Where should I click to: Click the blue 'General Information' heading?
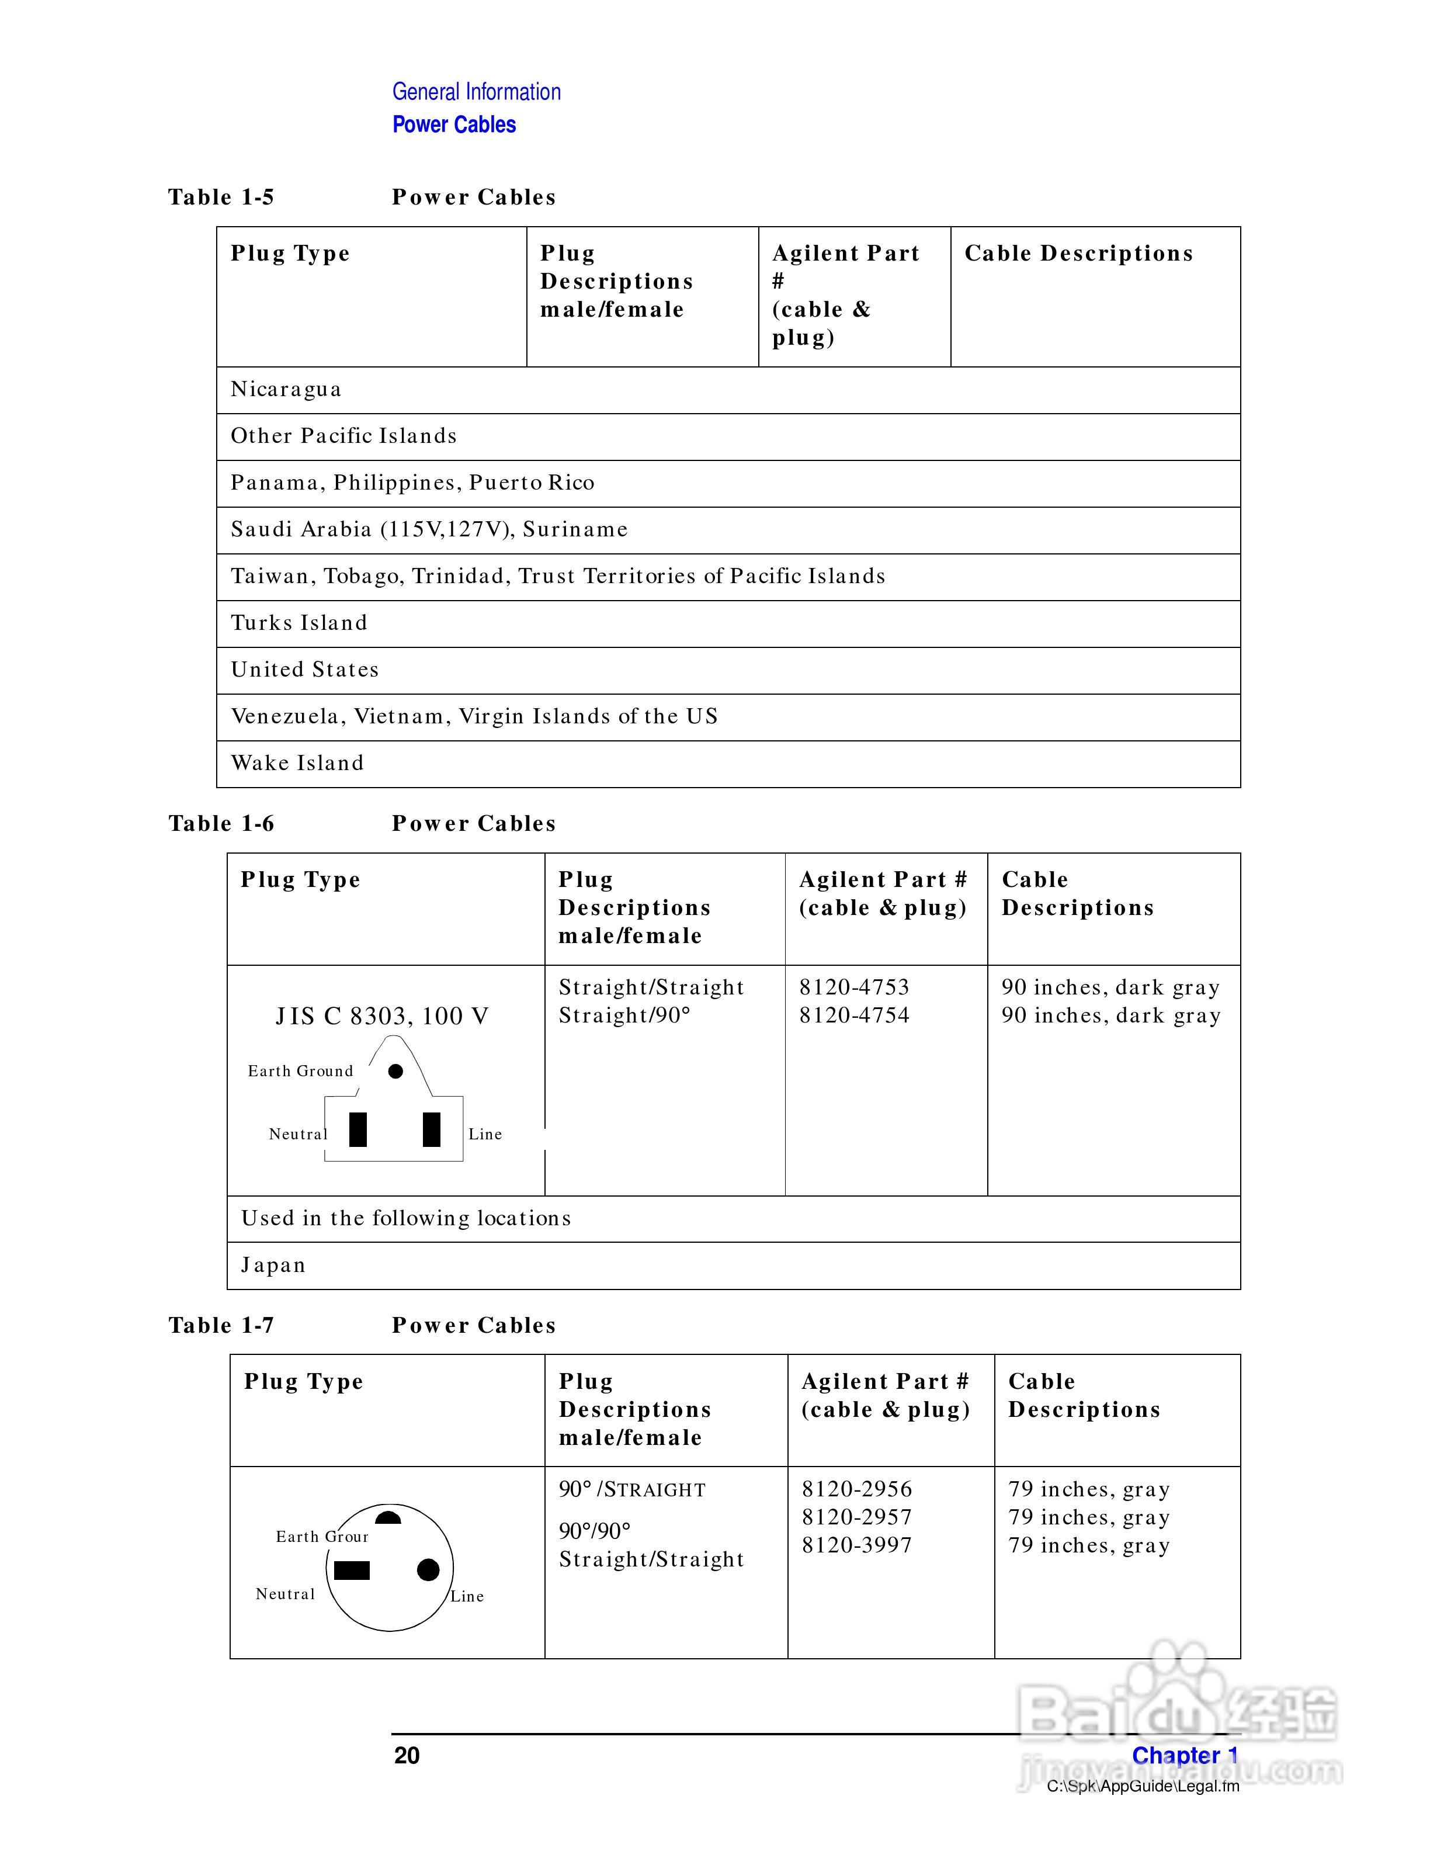pos(476,92)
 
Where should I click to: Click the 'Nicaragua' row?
pos(286,389)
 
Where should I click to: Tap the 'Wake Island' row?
pos(297,762)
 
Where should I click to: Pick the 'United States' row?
pos(305,670)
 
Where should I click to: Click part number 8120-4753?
pos(854,987)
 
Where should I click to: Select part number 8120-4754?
pos(854,1015)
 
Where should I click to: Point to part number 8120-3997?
pos(856,1545)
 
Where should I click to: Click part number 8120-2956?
pos(856,1489)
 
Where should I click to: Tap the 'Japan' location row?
pos(273,1266)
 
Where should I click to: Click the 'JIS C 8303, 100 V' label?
pos(382,1016)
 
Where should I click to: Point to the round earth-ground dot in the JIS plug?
pos(395,1071)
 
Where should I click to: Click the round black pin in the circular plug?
pos(429,1569)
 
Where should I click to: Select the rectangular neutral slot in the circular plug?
pos(352,1571)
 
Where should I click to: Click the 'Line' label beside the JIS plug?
pos(485,1134)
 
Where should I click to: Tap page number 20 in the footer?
pos(407,1755)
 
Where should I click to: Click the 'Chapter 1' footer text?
pos(1184,1755)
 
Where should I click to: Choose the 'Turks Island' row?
pos(299,623)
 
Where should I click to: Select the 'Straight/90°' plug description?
pos(624,1015)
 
